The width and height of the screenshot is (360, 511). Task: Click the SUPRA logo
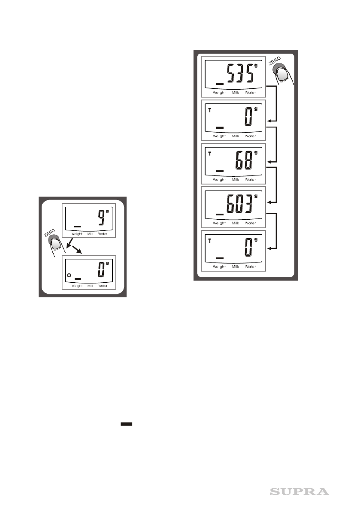(299, 491)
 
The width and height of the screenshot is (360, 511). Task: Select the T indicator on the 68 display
(209, 154)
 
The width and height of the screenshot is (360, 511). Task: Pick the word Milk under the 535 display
(236, 93)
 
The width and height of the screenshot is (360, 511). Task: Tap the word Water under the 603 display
(250, 223)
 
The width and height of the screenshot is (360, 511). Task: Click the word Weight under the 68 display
(219, 180)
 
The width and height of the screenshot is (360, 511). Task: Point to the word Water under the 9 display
(103, 234)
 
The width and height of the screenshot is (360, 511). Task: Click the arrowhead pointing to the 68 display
(270, 161)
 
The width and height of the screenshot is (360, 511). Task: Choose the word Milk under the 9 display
(90, 234)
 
